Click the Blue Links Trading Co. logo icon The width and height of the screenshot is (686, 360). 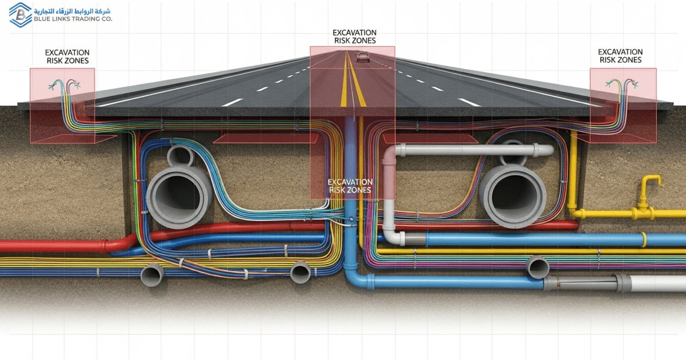click(20, 15)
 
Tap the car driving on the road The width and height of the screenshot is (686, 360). click(362, 57)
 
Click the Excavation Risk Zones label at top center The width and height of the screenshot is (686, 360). click(354, 37)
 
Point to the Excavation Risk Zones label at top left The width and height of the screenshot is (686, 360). click(67, 57)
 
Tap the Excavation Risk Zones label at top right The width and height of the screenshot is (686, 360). click(620, 56)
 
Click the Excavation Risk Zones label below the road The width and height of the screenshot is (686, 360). click(350, 186)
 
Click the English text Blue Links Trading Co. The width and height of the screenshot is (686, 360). click(73, 19)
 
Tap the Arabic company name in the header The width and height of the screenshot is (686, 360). click(73, 10)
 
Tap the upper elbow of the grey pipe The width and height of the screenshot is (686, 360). click(391, 155)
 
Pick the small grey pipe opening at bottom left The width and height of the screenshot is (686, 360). click(151, 275)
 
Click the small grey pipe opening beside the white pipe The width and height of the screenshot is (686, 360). click(537, 267)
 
